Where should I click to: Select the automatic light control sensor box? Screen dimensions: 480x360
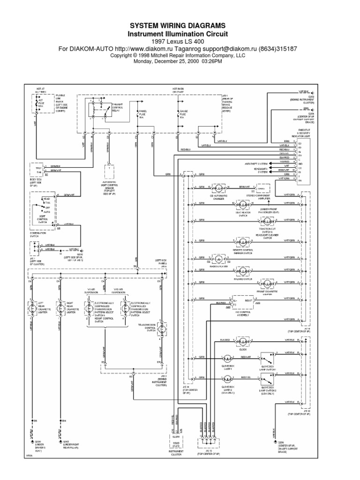coord(109,171)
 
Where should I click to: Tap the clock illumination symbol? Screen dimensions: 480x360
coord(243,339)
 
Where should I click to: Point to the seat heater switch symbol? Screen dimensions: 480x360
coord(243,204)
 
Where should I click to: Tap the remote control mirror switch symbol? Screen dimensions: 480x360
coord(243,241)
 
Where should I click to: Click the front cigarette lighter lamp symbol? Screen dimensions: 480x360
coord(268,283)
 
